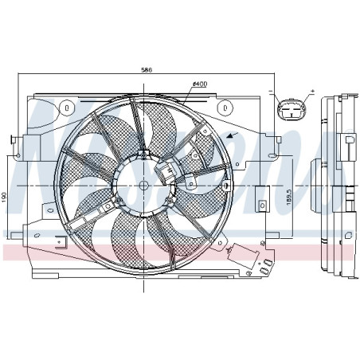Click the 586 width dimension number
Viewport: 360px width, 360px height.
click(x=147, y=70)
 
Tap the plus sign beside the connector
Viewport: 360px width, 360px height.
click(x=312, y=91)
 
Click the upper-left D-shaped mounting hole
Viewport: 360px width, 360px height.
click(x=68, y=106)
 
